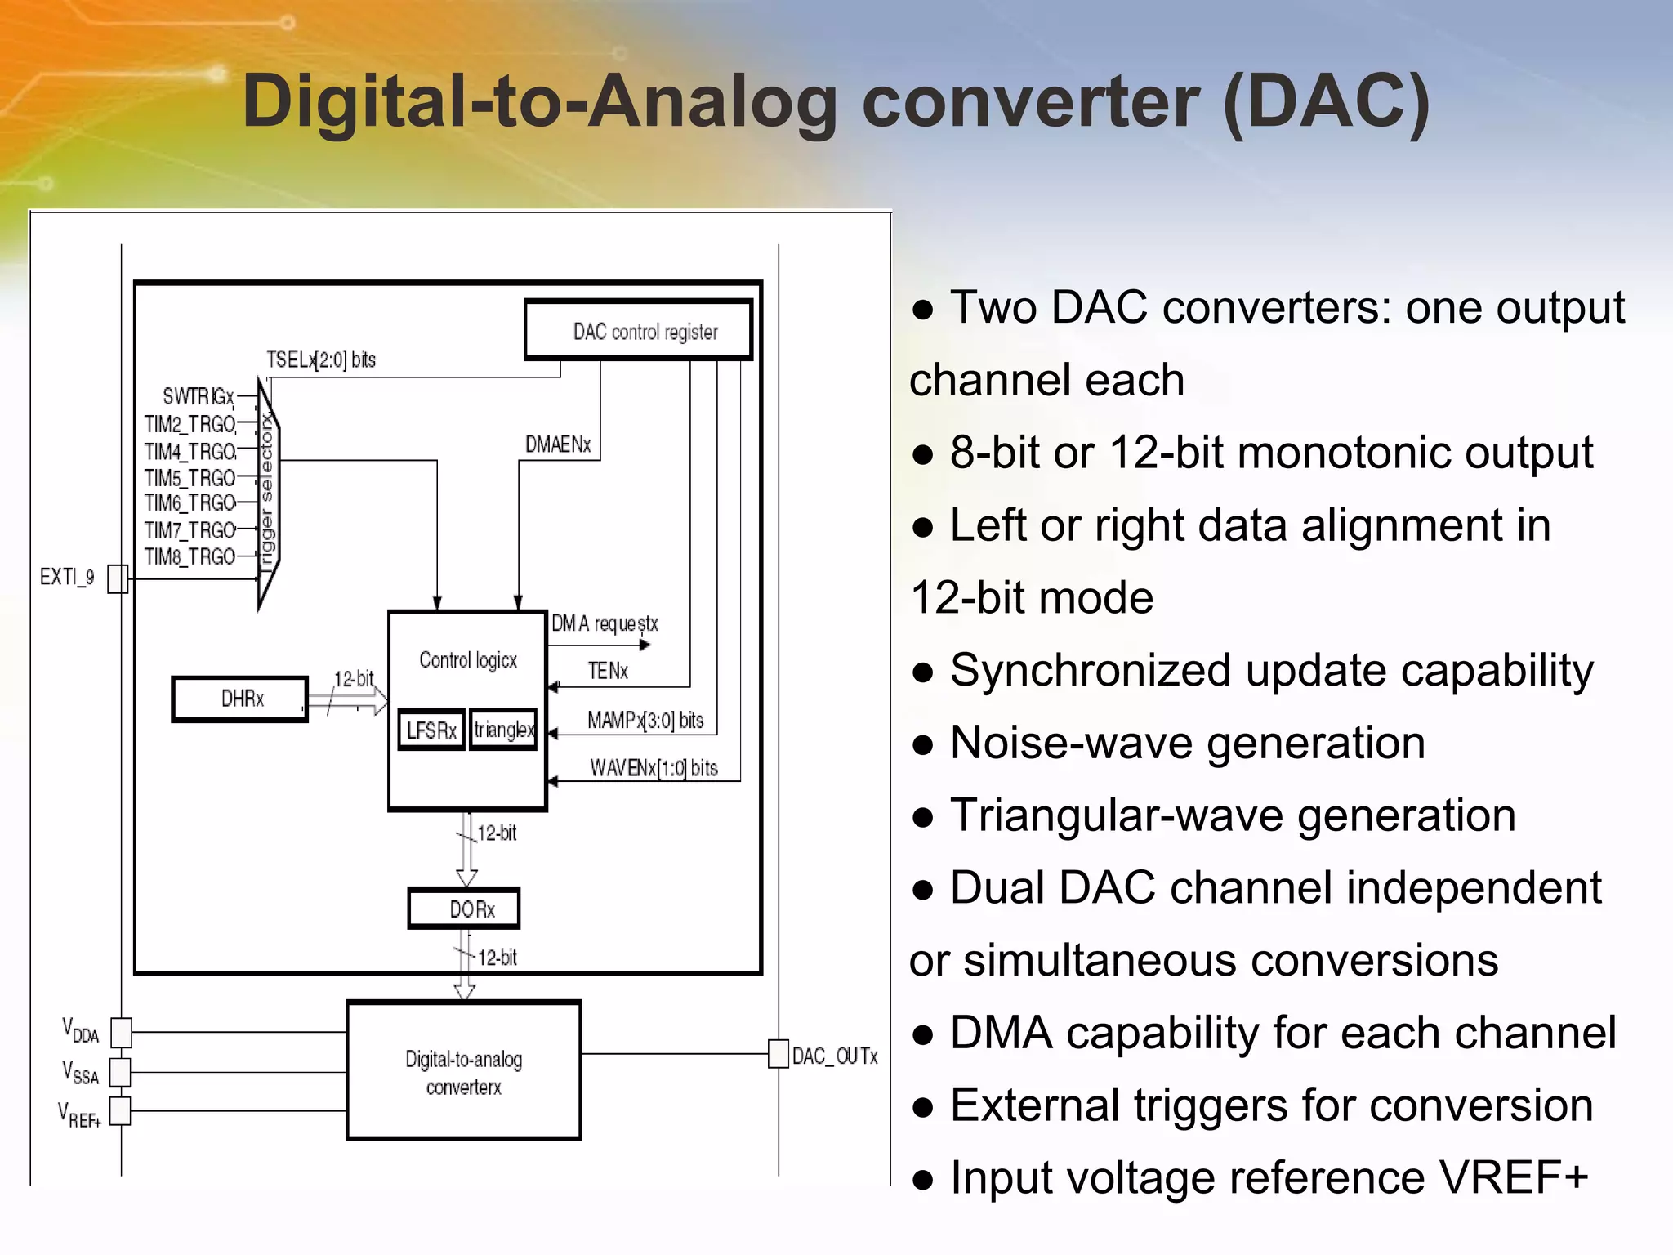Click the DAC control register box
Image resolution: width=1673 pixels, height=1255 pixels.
[638, 330]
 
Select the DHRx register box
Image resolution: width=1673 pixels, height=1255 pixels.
[240, 699]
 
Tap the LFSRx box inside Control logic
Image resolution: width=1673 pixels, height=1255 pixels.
[431, 730]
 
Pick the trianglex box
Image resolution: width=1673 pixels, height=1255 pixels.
[503, 729]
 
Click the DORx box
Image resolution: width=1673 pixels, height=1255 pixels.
[464, 909]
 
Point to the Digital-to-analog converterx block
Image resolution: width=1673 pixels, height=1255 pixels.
[464, 1070]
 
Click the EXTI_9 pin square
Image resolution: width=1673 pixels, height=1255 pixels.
[118, 578]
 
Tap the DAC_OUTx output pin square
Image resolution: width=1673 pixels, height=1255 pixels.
[779, 1054]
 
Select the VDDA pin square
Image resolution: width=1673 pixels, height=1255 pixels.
[121, 1033]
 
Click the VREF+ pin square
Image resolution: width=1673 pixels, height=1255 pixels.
[120, 1111]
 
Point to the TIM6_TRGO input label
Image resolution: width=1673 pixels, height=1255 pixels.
[190, 502]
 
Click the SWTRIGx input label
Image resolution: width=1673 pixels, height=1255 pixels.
[199, 397]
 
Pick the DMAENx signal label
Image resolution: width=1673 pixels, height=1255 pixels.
[558, 444]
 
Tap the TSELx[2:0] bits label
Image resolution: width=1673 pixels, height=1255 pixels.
[321, 360]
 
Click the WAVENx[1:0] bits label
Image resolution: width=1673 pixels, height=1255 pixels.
[654, 768]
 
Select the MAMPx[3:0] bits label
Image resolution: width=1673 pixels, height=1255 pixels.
[645, 721]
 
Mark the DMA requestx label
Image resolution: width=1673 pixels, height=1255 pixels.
[605, 624]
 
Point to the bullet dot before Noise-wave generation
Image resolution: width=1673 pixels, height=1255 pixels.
[923, 745]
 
